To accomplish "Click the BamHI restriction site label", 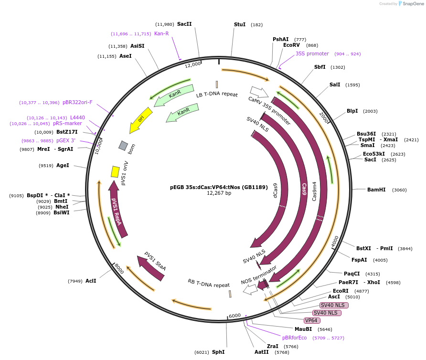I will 376,190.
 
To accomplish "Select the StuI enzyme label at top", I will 239,24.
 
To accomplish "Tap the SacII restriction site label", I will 184,24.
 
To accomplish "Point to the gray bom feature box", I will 123,146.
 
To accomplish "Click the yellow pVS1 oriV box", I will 115,171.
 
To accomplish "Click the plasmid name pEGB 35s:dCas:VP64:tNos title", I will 219,187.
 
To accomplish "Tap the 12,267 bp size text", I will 219,193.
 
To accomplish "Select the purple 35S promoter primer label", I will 312,54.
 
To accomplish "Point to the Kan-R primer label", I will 161,33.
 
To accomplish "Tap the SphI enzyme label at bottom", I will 218,352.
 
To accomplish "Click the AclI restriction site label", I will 91,281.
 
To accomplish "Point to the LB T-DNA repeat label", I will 217,95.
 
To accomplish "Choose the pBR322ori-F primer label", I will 77,102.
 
